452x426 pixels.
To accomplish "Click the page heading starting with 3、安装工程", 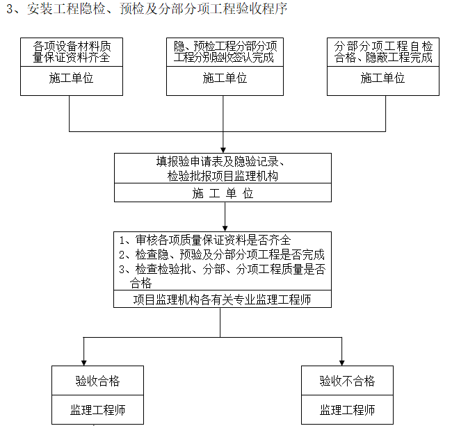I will coord(146,9).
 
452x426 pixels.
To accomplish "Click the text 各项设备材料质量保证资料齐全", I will coord(72,52).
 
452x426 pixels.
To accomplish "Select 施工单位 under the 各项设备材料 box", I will coord(72,79).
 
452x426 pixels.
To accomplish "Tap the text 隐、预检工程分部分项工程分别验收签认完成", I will coord(225,52).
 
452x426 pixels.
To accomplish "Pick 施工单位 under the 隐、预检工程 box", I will coord(225,79).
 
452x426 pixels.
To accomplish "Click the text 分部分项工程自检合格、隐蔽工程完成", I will coord(383,52).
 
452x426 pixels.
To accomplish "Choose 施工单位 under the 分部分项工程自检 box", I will coord(383,79).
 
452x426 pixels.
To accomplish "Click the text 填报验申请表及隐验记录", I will coord(223,161).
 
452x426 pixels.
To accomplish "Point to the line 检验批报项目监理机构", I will coord(223,176).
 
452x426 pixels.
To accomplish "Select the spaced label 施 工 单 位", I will coord(223,194).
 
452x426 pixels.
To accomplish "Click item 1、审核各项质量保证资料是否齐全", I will coord(205,239).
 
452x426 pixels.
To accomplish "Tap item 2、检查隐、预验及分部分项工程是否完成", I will coord(222,254).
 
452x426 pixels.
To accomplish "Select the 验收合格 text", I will coord(97,381).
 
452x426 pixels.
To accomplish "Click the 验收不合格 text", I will coord(347,381).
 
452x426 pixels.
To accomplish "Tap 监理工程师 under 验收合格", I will coord(97,410).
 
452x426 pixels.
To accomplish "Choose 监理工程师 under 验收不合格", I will coord(347,410).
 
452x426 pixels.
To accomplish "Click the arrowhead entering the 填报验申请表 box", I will coord(223,149).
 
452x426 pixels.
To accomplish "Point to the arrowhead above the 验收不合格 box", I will coord(341,361).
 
